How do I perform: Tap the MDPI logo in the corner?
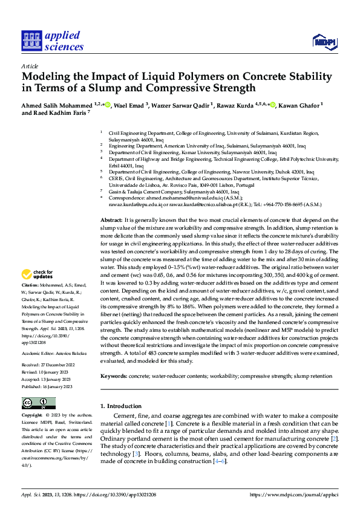[x=324, y=41]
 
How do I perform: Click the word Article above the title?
[x=30, y=66]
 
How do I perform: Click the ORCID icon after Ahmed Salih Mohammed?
[x=108, y=105]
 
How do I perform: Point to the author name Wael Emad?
[x=132, y=105]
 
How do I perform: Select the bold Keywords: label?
[x=117, y=376]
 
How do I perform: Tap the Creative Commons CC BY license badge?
[x=39, y=403]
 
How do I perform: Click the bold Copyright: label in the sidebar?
[x=32, y=416]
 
